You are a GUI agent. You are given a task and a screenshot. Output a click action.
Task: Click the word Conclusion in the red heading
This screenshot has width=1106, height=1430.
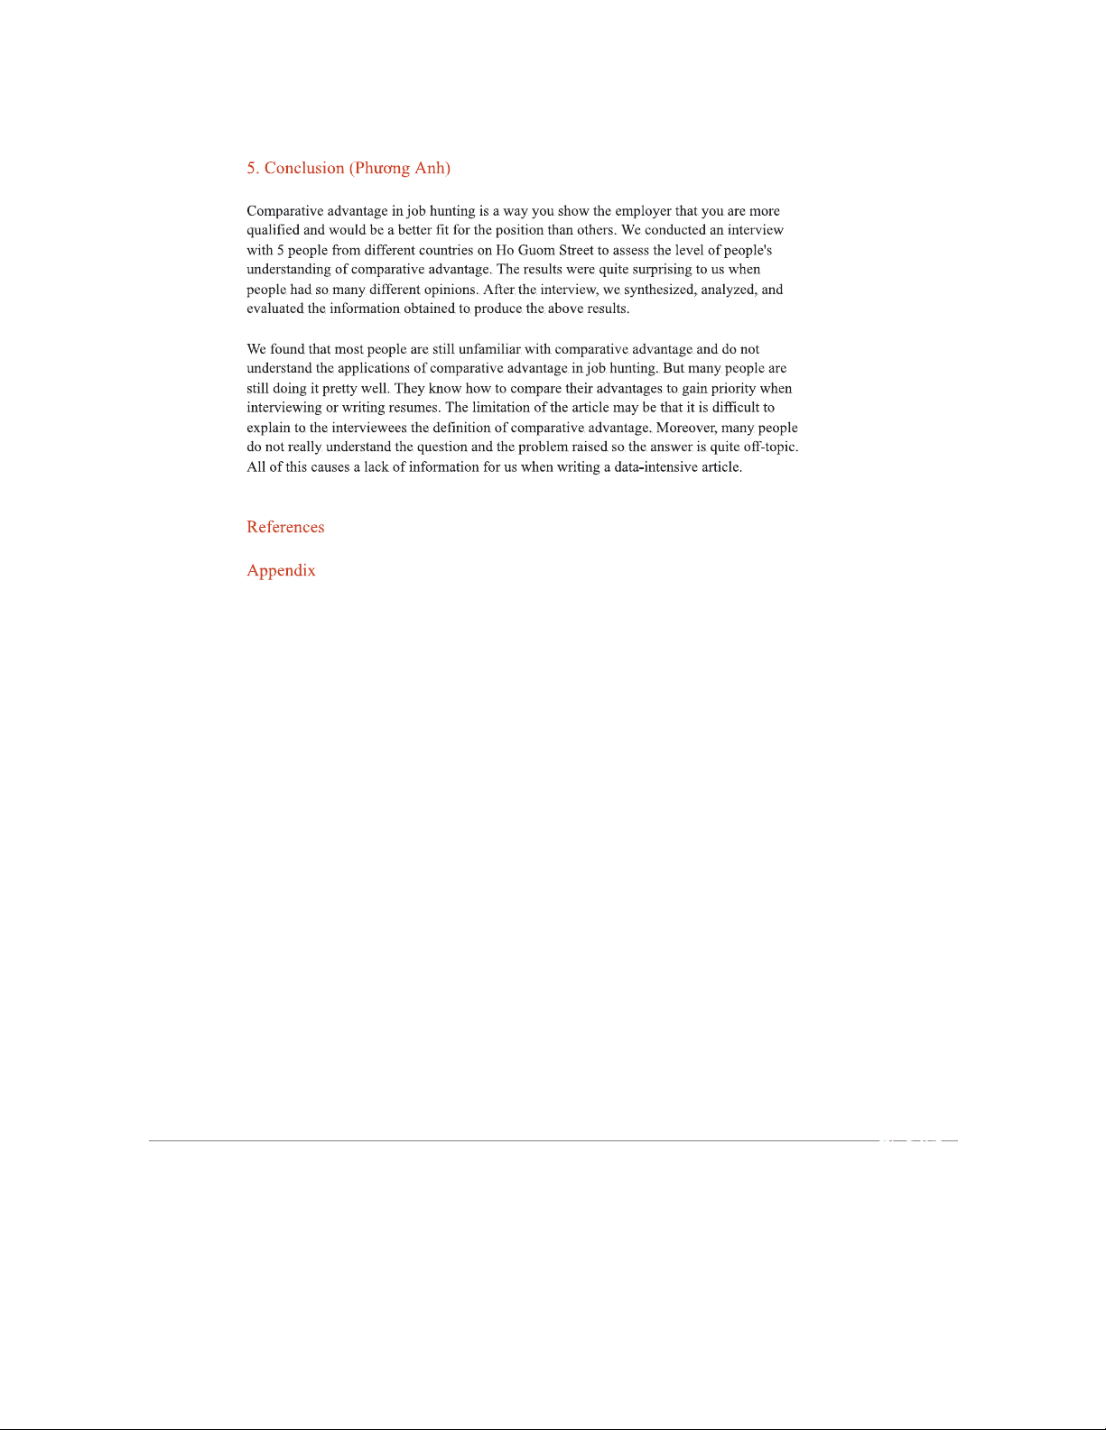coord(304,168)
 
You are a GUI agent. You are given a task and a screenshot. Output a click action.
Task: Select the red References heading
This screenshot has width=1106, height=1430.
coord(285,527)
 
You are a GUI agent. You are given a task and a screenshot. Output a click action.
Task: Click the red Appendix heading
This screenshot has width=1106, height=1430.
coord(281,570)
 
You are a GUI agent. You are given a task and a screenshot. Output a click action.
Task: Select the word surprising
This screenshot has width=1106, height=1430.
coord(662,270)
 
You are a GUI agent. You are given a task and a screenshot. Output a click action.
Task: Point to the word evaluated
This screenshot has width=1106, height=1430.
coord(275,309)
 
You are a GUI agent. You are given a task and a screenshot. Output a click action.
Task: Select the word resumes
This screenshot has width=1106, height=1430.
coord(413,408)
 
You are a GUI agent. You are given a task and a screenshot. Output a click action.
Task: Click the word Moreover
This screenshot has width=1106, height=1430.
coord(686,428)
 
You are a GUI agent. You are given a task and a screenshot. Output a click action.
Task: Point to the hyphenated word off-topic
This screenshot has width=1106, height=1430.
coord(770,447)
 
